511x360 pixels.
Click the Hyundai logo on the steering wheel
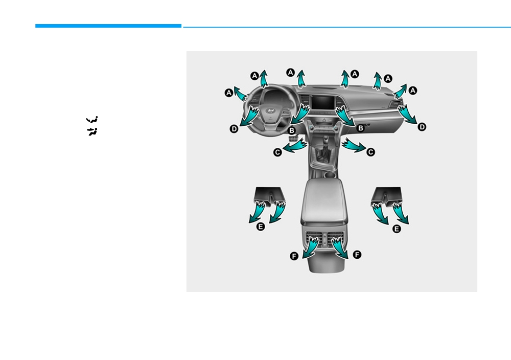(270, 111)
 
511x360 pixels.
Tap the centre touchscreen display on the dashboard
(322, 103)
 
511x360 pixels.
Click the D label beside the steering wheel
(234, 129)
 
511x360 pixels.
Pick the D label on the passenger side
(422, 127)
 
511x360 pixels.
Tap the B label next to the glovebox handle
(360, 128)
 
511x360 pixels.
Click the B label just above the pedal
(292, 130)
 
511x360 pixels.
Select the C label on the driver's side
(277, 152)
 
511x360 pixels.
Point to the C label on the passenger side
(370, 152)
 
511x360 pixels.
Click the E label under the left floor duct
(261, 227)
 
